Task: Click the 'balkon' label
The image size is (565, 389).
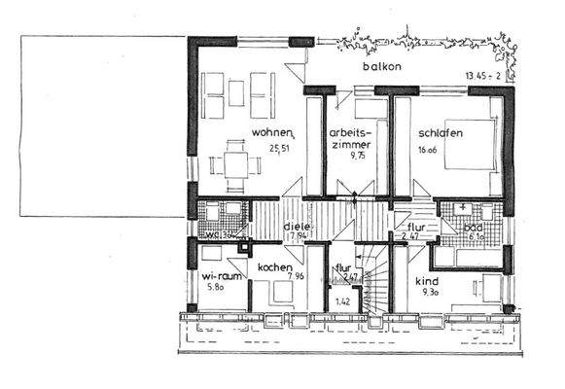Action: coord(381,66)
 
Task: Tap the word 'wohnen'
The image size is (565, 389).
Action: coord(271,132)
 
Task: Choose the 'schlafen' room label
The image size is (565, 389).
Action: coord(441,133)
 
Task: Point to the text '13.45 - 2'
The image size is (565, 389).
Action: coord(483,75)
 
